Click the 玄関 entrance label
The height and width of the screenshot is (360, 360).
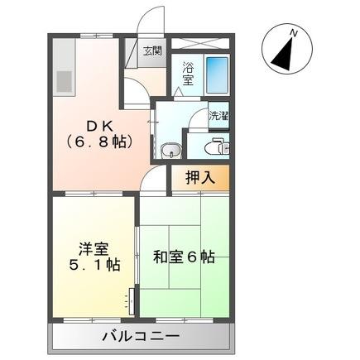point(152,51)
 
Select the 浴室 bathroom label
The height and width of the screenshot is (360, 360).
point(187,74)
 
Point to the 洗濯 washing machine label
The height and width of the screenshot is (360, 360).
point(218,117)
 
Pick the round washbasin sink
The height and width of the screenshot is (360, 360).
point(170,150)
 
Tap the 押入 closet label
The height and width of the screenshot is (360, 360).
point(199,176)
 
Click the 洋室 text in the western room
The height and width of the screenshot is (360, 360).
point(91,247)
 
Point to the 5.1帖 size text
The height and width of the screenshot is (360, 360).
point(91,265)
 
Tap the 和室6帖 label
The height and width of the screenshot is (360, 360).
point(184,257)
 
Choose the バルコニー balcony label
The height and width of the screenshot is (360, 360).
point(141,337)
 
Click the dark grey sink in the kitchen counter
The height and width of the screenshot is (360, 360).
point(65,80)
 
